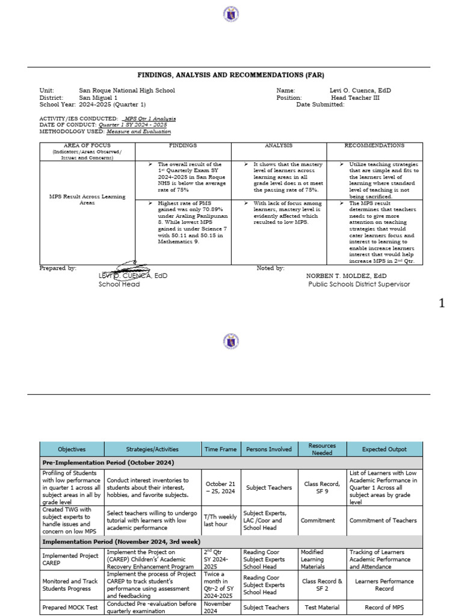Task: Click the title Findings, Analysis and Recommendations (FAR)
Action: point(231,75)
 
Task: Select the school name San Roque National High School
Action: point(127,90)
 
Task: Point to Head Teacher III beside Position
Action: point(355,97)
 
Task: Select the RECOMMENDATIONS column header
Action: point(374,146)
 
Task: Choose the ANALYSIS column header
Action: point(279,146)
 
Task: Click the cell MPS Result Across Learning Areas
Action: point(88,200)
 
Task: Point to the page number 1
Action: point(443,304)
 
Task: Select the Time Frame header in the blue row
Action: point(220,449)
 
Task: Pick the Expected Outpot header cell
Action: point(384,449)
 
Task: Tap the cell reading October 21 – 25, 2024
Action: point(220,487)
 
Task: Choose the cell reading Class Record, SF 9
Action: point(322,487)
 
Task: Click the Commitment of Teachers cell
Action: point(384,520)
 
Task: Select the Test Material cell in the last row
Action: point(322,608)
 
